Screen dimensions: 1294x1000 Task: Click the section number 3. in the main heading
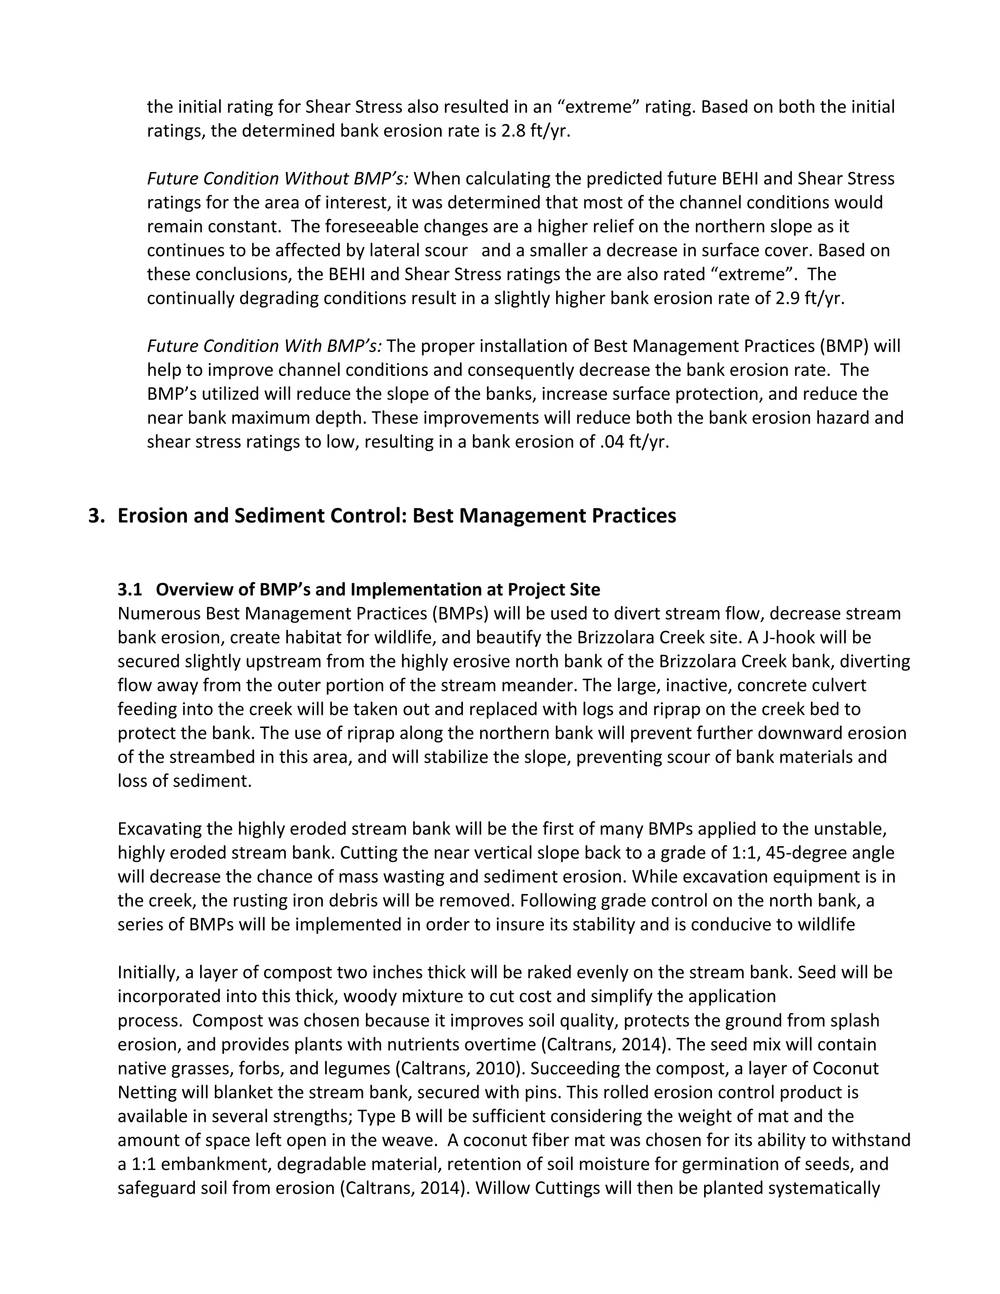(97, 516)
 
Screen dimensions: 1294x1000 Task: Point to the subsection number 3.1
(130, 589)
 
